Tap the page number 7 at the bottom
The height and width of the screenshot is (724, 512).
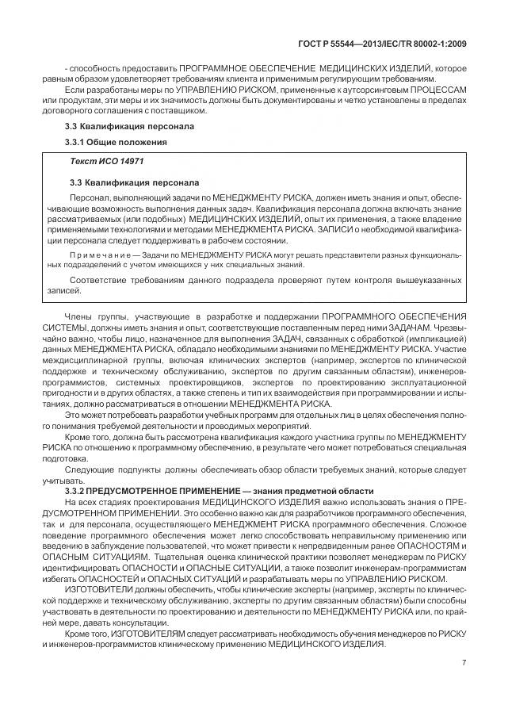click(463, 662)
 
